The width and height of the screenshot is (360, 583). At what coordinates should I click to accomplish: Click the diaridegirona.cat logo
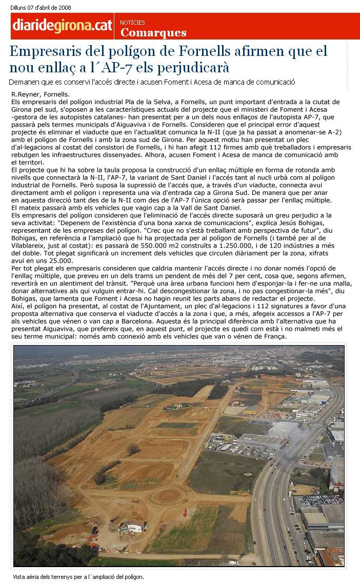tap(63, 26)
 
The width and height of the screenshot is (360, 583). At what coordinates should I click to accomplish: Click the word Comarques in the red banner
tap(153, 33)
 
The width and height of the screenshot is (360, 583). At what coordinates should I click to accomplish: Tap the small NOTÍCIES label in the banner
tap(132, 23)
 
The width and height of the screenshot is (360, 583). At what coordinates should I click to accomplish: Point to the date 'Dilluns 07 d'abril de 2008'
tap(41, 8)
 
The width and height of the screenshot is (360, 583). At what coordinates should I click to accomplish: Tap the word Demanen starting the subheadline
tap(24, 82)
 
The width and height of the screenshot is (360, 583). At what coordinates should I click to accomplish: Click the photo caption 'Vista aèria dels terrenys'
tap(78, 577)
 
